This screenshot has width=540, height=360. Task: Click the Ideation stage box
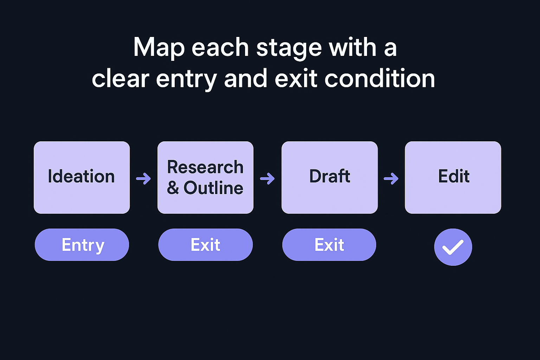pos(82,177)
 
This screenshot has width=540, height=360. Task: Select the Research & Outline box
pos(205,177)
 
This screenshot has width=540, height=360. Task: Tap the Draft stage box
pos(329,177)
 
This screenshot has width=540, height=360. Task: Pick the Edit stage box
pos(453,177)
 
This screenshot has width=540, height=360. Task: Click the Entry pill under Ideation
pos(82,245)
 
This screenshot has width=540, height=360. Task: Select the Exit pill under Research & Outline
pos(205,245)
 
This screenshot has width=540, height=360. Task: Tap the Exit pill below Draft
pos(329,245)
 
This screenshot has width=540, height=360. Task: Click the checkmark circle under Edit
pos(453,247)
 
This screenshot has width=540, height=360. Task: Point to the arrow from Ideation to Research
pos(143,179)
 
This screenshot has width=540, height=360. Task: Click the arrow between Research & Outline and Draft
pos(267,179)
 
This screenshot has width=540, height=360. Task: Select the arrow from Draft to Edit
pos(391,179)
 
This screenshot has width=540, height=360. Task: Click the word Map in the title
pos(159,48)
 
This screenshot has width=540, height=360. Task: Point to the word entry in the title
pos(186,79)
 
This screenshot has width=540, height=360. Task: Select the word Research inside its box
pos(205,167)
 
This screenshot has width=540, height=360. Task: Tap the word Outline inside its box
pos(213,188)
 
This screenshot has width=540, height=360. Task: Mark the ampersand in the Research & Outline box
pos(173,188)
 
